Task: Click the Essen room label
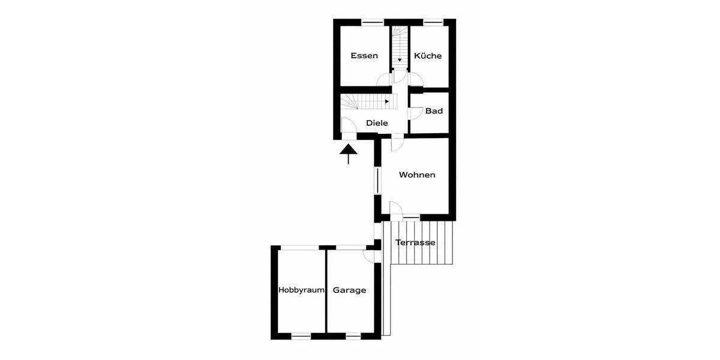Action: (364, 56)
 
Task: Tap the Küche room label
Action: (427, 56)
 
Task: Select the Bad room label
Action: (434, 111)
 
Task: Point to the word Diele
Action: (377, 123)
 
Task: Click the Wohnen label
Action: (417, 175)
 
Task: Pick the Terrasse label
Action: (415, 243)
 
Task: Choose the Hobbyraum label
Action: (301, 290)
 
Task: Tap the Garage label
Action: (349, 290)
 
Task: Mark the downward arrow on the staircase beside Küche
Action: (399, 60)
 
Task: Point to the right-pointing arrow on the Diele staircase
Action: (387, 102)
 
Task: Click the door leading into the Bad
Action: (414, 113)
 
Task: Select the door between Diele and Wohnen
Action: (396, 143)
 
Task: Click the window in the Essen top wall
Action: (373, 22)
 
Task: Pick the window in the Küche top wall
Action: (433, 22)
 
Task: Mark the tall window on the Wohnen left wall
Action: (377, 180)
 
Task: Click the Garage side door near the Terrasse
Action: (372, 255)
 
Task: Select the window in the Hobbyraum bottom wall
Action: (301, 336)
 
